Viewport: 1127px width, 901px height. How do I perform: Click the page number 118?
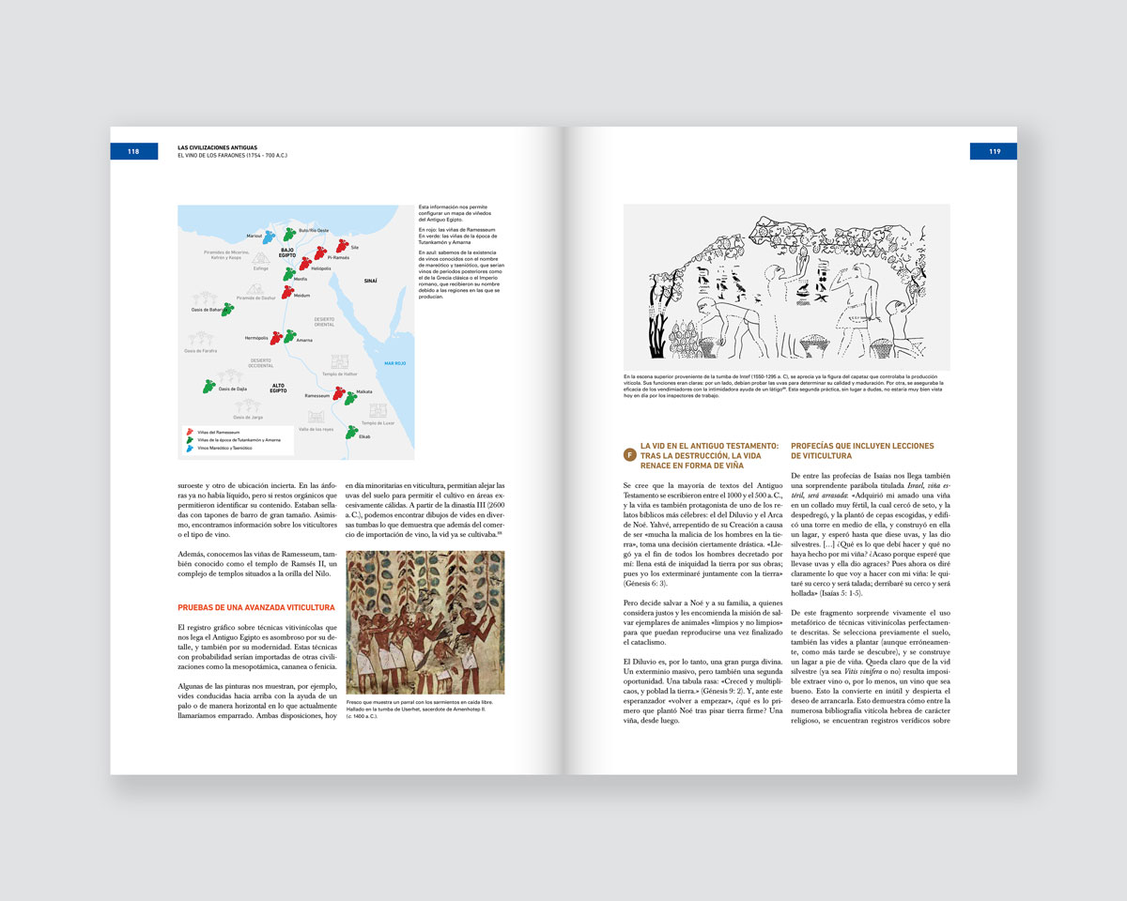tap(133, 151)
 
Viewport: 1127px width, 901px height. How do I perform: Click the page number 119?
tap(995, 151)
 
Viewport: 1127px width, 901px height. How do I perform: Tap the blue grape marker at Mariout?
tap(270, 237)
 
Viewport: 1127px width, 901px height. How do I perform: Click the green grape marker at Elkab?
tap(351, 433)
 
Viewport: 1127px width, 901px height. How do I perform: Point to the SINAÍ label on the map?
tap(370, 281)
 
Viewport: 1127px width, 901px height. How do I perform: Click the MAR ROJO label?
tap(395, 363)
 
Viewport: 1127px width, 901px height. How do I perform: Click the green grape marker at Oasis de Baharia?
tap(227, 309)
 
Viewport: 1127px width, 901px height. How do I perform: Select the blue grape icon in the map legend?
tap(190, 448)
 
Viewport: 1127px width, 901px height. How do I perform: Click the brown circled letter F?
tap(629, 455)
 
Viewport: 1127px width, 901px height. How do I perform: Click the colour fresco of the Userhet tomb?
tap(425, 622)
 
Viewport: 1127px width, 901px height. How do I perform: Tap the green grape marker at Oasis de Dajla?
tap(208, 386)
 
